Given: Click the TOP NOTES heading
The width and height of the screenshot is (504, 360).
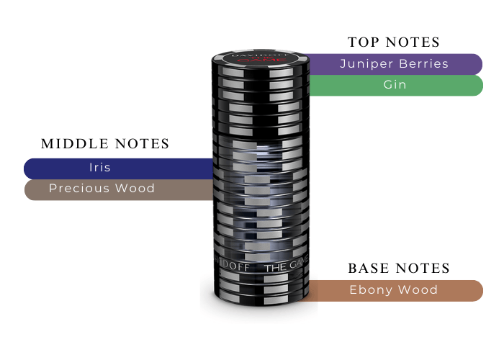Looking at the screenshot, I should point(394,42).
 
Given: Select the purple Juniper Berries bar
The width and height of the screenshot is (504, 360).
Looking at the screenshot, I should point(394,64).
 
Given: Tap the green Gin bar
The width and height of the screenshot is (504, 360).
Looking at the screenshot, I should point(394,85).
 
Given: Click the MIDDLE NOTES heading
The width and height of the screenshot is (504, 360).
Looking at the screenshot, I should point(105,144).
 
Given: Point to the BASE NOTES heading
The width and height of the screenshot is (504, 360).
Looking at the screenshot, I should point(399,269).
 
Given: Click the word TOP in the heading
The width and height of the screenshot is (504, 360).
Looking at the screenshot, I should point(365,42).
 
